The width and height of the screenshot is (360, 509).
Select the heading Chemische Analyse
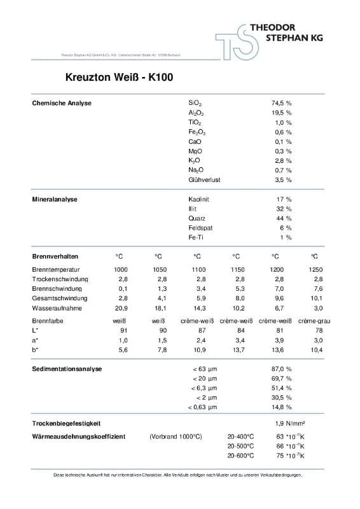click(x=62, y=103)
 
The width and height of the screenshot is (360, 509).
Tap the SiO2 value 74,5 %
click(x=281, y=103)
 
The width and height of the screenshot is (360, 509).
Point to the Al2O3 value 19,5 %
click(x=281, y=113)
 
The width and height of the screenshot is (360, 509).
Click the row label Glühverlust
click(x=204, y=180)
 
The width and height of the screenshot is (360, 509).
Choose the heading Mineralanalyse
click(x=55, y=199)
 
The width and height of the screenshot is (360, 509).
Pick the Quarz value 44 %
click(x=284, y=218)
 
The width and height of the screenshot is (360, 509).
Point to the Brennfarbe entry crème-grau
click(x=314, y=321)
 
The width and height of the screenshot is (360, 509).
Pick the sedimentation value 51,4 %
click(x=281, y=388)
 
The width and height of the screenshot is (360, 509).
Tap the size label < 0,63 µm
click(x=203, y=407)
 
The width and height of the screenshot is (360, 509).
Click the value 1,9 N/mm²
click(x=290, y=423)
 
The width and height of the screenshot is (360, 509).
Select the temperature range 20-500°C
click(x=240, y=446)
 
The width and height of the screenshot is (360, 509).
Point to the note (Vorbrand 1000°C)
click(x=176, y=436)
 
